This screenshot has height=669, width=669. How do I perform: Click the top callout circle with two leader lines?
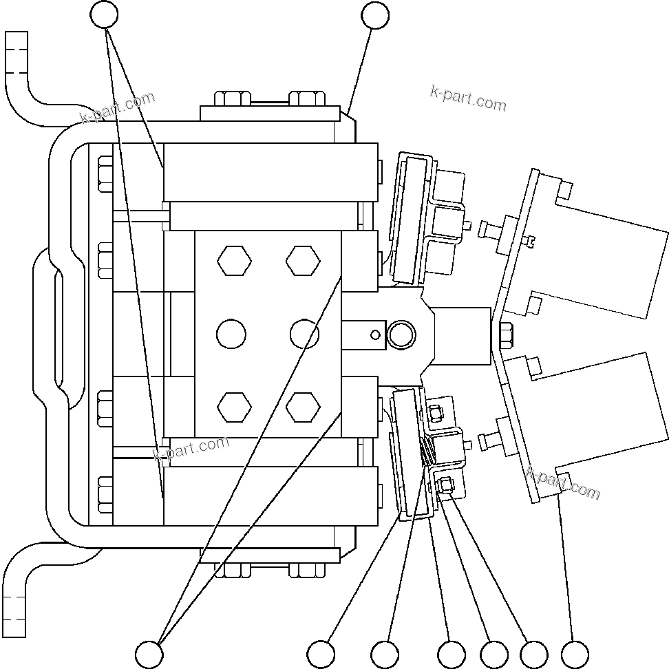pyautogui.click(x=105, y=14)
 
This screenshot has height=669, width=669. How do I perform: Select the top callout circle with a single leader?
pyautogui.click(x=375, y=16)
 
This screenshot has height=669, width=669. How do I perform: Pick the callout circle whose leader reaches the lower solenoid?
pyautogui.click(x=575, y=653)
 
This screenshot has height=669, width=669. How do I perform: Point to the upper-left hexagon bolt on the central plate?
pyautogui.click(x=234, y=262)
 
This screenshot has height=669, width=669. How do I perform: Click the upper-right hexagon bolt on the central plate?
pyautogui.click(x=304, y=262)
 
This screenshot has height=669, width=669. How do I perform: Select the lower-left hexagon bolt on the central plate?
pyautogui.click(x=234, y=407)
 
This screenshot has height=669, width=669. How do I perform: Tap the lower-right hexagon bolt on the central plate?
pyautogui.click(x=304, y=407)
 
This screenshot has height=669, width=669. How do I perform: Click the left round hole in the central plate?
pyautogui.click(x=231, y=334)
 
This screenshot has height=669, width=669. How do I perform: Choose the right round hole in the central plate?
pyautogui.click(x=305, y=334)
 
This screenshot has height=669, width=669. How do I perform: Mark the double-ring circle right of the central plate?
pyautogui.click(x=401, y=335)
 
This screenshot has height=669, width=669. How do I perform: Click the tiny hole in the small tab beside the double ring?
pyautogui.click(x=374, y=335)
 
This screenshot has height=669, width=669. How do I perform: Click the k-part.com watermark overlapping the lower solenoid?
pyautogui.click(x=563, y=482)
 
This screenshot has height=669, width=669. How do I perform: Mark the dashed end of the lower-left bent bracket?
pyautogui.click(x=14, y=613)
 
